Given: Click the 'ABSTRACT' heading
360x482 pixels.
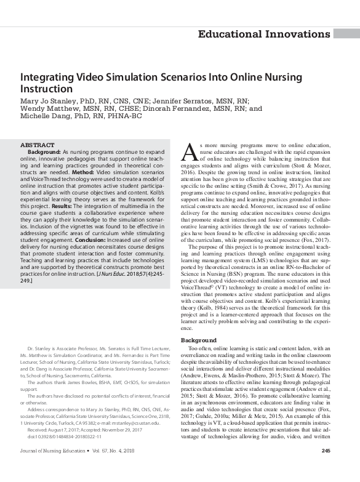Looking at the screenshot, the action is click(x=37, y=145).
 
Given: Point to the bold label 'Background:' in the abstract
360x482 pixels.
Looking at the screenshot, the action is click(x=45, y=151).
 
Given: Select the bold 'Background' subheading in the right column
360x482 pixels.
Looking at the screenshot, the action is click(x=199, y=340).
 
